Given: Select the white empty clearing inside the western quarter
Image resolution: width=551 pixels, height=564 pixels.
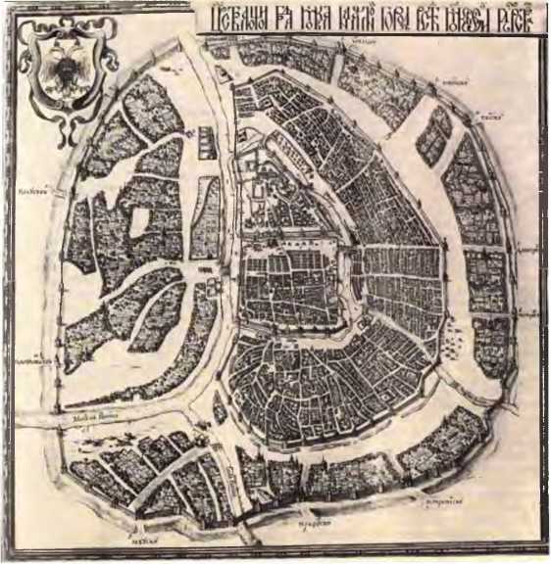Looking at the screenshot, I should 137,221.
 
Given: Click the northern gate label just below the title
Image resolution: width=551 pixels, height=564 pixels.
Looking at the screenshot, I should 365,42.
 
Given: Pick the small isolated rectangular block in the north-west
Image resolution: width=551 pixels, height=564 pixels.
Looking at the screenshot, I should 207,143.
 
